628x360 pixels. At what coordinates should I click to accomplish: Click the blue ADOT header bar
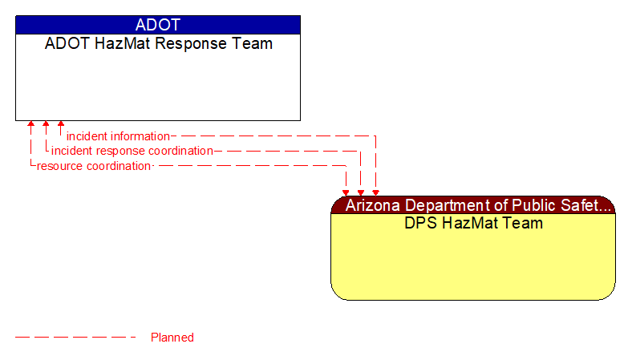pos(158,25)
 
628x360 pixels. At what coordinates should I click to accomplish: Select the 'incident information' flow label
pos(118,136)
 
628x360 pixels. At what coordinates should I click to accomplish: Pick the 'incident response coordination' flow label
pos(132,151)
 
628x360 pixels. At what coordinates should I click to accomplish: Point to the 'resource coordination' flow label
pos(94,166)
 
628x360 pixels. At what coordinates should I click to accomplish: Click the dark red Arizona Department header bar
pos(473,205)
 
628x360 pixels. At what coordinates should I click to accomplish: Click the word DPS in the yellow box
pos(420,223)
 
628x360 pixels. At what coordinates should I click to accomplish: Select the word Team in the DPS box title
pos(522,223)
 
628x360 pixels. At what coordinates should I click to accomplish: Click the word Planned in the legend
pos(172,338)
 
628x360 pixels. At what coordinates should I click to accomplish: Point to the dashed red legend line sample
pos(76,338)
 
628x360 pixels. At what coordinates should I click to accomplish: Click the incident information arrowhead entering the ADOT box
pos(61,125)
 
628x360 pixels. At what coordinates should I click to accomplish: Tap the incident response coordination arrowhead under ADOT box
pos(46,125)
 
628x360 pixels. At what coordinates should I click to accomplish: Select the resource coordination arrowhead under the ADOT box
pos(30,125)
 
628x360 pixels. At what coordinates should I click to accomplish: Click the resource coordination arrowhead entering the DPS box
pos(346,192)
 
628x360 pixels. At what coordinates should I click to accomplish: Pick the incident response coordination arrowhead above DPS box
pos(361,192)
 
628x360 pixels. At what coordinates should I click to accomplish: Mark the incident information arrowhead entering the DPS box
pos(375,192)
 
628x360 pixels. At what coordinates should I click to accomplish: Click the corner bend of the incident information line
pos(375,136)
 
